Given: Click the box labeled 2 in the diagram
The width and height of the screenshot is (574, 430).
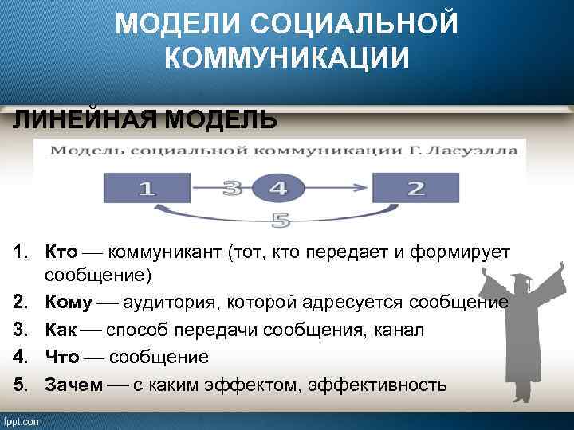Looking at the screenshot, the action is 415,189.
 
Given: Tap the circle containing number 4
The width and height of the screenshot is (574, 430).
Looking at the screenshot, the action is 276,189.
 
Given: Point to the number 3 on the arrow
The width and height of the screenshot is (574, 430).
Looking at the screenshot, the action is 232,189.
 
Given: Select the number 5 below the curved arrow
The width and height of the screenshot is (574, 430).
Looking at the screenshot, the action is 279,219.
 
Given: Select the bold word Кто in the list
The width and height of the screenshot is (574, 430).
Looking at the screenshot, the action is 61,252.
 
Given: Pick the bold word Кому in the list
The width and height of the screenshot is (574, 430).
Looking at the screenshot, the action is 68,303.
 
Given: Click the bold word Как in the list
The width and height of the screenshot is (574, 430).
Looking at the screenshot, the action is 61,330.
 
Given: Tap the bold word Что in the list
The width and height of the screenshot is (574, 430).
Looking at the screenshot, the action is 61,357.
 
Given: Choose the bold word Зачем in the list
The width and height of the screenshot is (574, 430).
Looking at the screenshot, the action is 73,385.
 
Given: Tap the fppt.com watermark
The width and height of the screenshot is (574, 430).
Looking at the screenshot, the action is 22,421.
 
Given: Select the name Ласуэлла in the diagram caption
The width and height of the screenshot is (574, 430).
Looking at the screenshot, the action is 478,150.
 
